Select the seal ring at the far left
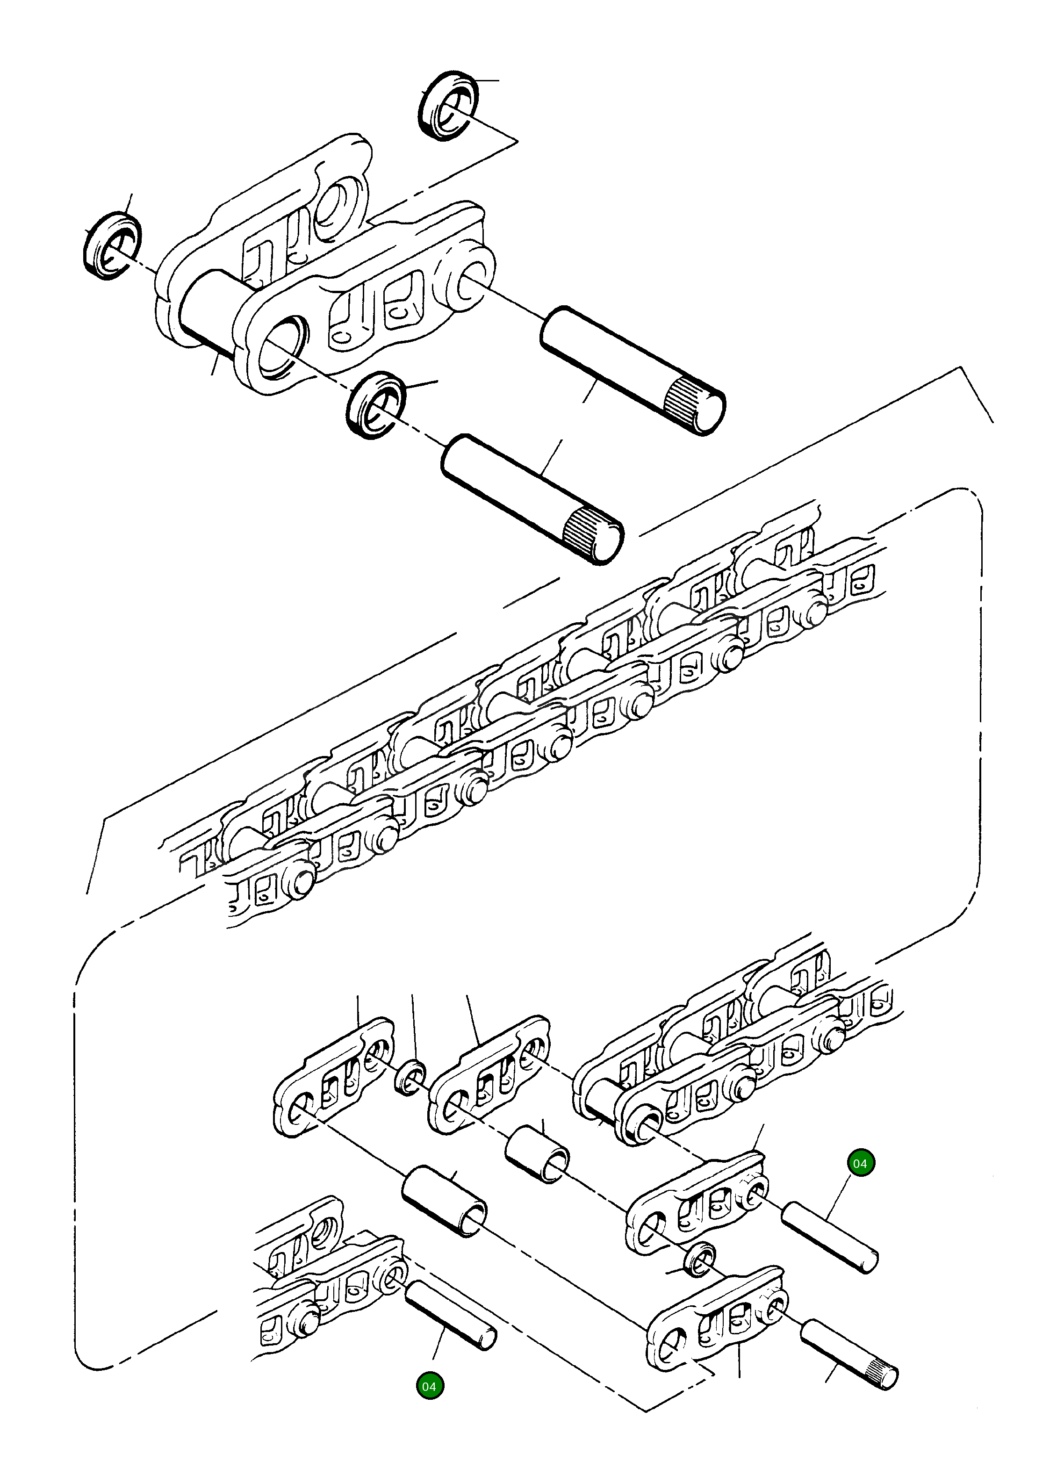[111, 246]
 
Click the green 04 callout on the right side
[859, 1163]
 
